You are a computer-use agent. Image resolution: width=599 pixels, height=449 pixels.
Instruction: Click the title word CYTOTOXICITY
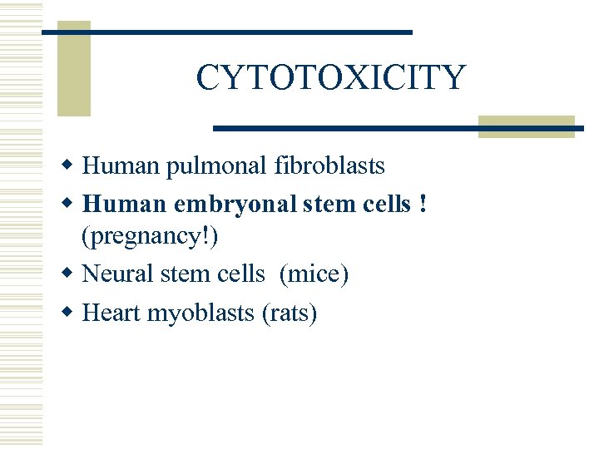[x=330, y=78]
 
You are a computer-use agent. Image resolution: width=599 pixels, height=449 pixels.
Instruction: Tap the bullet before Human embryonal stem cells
[x=72, y=203]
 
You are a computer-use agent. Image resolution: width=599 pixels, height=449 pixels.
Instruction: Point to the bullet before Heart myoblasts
[x=72, y=313]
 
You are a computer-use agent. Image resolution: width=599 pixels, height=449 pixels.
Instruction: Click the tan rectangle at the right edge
[x=527, y=126]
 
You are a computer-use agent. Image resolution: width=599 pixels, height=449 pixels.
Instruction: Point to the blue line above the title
[x=226, y=32]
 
